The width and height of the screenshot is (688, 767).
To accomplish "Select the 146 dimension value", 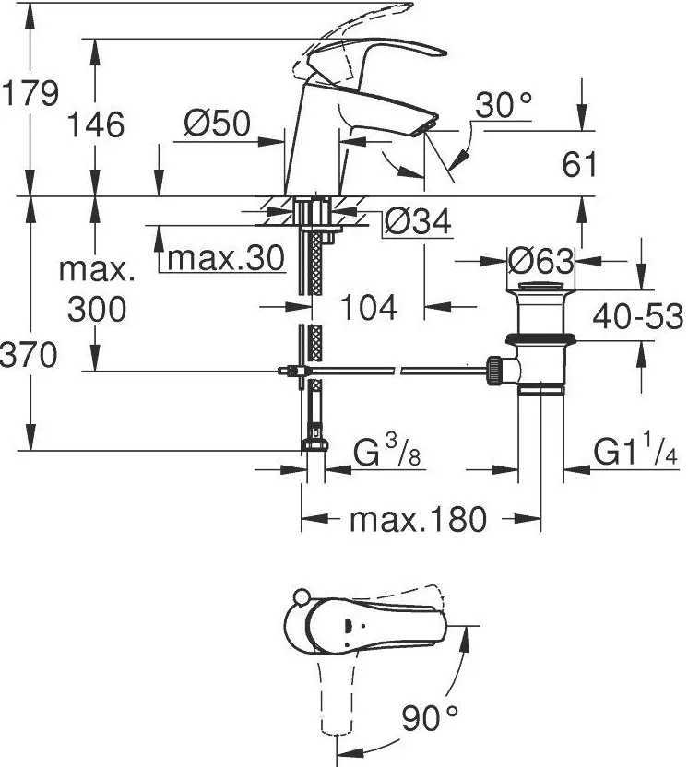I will coord(96,124).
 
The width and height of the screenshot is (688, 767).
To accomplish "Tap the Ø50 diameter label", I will coord(217,124).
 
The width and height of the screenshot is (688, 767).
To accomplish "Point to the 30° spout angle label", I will coord(504,107).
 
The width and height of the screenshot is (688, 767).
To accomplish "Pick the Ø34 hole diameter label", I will coord(416,221).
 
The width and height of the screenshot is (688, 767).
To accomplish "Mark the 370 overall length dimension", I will coord(29,353).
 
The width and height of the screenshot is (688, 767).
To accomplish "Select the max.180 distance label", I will coord(417,520).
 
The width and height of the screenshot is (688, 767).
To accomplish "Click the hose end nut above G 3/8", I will coord(314,445).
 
